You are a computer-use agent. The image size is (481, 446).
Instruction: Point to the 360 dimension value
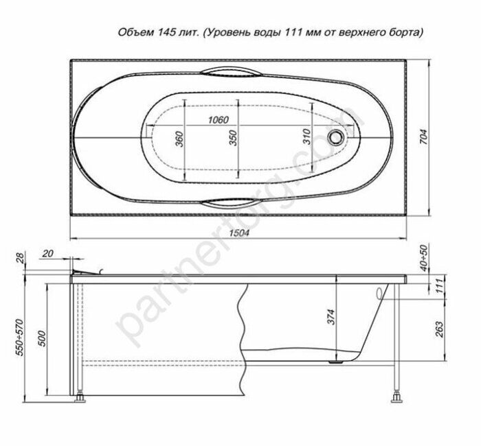[179, 138]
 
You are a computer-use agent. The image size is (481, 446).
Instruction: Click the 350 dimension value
[232, 138]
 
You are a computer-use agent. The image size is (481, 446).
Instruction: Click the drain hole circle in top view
[337, 137]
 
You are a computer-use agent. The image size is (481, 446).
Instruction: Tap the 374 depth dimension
[331, 316]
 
